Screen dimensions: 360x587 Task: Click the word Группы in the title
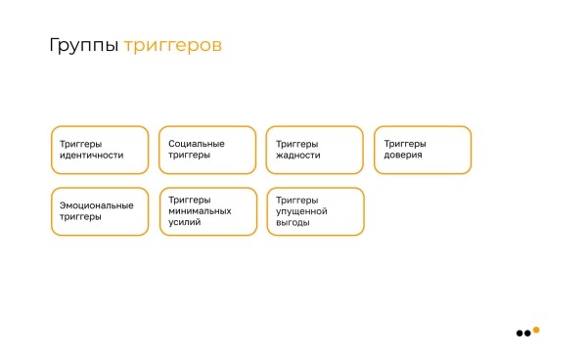84,45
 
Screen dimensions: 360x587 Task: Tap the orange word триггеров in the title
172,45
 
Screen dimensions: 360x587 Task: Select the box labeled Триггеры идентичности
100,150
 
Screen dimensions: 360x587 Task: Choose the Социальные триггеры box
207,150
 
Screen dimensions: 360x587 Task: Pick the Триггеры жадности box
315,150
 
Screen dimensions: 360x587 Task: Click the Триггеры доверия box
423,150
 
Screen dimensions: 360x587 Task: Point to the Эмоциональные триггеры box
100,211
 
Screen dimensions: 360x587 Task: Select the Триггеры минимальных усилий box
207,211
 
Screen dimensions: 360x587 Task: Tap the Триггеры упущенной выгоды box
315,211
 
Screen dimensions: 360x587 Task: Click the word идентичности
91,156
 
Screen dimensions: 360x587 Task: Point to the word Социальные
197,144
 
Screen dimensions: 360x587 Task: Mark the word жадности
298,156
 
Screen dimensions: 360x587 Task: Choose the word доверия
403,156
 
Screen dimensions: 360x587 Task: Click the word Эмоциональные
96,205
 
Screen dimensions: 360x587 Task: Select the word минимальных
200,210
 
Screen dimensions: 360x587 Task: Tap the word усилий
185,222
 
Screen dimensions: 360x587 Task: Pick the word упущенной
301,210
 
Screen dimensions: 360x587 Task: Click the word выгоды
293,222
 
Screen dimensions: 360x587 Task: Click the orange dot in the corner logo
536,329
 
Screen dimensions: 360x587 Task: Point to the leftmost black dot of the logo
519,334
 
